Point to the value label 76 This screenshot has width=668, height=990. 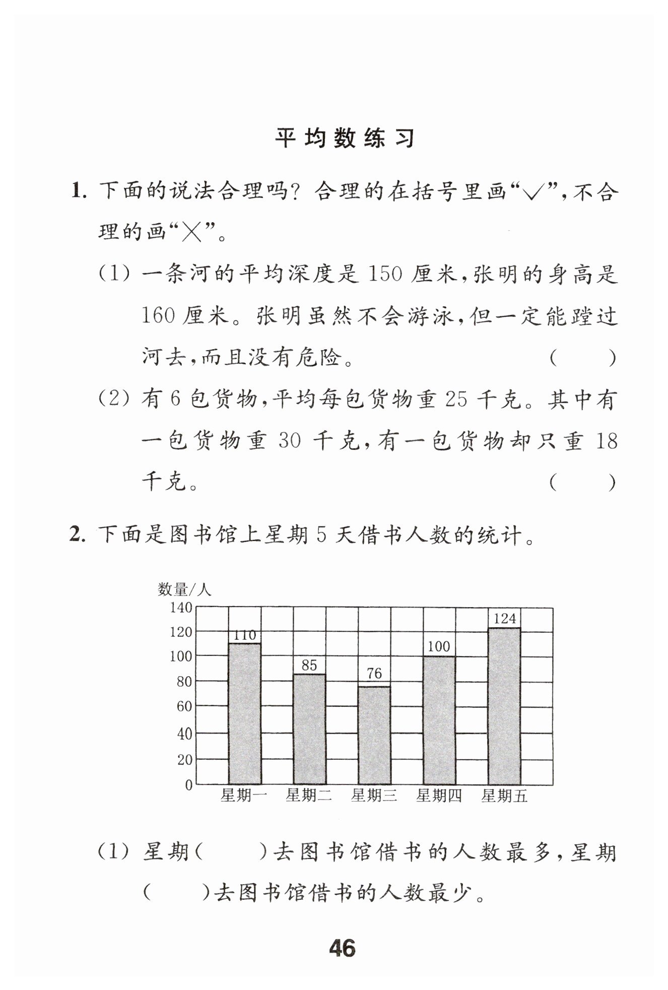374,673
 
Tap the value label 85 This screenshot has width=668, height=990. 309,665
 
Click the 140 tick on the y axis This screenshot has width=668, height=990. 181,608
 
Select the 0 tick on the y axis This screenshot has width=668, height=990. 188,785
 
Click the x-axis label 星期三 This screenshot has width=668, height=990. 374,796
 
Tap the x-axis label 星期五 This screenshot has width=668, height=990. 504,796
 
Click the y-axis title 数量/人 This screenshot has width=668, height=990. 184,589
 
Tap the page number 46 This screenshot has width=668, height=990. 342,949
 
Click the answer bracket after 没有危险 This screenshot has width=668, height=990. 582,359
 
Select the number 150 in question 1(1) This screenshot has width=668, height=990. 386,275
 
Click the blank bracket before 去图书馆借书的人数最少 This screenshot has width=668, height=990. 176,894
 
